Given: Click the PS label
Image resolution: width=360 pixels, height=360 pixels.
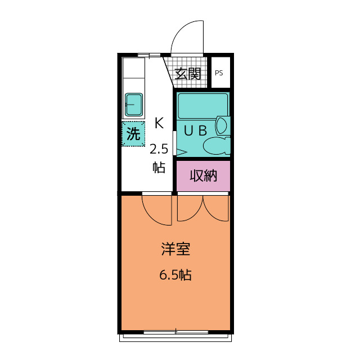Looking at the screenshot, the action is [219, 73].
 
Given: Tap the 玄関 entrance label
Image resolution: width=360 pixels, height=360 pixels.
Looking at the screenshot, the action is [188, 74].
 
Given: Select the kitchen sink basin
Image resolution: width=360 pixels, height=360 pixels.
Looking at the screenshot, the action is [134, 105].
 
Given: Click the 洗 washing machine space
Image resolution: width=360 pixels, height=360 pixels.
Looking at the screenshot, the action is [133, 134].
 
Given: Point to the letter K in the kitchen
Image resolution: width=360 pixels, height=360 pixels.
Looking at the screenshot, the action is [159, 123].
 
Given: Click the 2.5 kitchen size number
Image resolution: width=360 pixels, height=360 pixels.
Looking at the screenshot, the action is [159, 150].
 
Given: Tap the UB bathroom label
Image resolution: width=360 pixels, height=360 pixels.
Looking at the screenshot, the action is [196, 131].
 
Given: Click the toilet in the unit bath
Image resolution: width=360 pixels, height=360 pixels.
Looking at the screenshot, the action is [217, 146].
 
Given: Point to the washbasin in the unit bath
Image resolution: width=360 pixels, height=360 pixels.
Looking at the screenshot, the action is [222, 125].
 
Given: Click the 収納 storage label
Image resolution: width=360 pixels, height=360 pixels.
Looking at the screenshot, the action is [204, 176].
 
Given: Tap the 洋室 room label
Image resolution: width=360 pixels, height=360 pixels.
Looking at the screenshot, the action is [175, 249].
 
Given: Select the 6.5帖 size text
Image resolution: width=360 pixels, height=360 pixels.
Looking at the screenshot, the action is [175, 275].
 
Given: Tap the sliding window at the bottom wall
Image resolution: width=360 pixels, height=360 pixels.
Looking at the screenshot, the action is [176, 332].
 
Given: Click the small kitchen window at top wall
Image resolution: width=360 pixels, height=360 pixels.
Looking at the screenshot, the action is [148, 55].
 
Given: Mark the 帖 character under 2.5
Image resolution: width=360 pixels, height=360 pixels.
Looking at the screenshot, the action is [159, 167].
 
